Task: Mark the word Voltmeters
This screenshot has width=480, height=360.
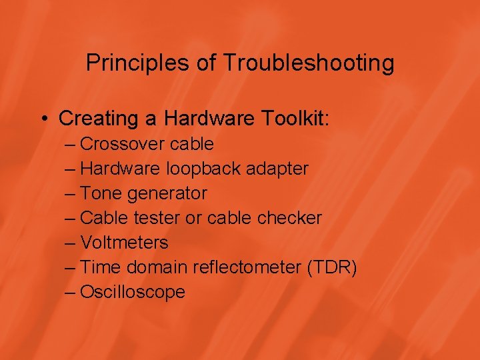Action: pos(124,243)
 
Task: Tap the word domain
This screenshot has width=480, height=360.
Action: pos(157,267)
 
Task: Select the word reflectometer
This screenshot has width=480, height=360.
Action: pos(247,267)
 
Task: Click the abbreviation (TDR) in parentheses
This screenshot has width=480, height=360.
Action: pos(332,267)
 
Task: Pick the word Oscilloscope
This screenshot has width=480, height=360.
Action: pos(132,292)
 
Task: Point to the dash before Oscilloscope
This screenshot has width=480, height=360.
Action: pos(71,292)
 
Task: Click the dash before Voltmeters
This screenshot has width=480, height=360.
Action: pos(71,243)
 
